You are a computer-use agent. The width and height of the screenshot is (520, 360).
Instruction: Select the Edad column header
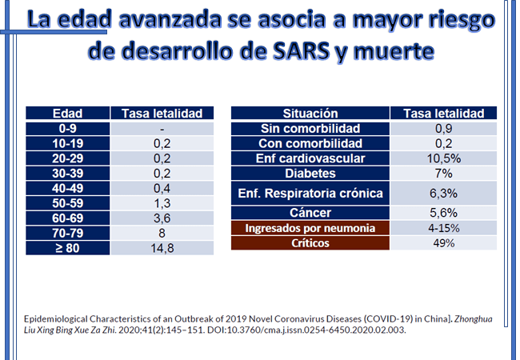pyautogui.click(x=66, y=114)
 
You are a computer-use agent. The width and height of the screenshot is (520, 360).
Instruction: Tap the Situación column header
pyautogui.click(x=310, y=114)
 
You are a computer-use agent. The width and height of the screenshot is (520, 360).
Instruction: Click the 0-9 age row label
pyautogui.click(x=66, y=128)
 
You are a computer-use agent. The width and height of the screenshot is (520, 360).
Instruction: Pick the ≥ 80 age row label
pyautogui.click(x=66, y=249)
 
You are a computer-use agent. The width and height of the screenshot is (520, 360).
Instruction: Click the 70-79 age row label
pyautogui.click(x=66, y=234)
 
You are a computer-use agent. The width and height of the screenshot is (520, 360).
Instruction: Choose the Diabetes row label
pyautogui.click(x=310, y=174)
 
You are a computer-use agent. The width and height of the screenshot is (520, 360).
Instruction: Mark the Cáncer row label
pyautogui.click(x=310, y=213)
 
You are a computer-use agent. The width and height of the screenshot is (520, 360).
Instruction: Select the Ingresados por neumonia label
pyautogui.click(x=310, y=228)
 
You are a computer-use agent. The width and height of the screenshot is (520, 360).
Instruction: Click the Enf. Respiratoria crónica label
pyautogui.click(x=310, y=193)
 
